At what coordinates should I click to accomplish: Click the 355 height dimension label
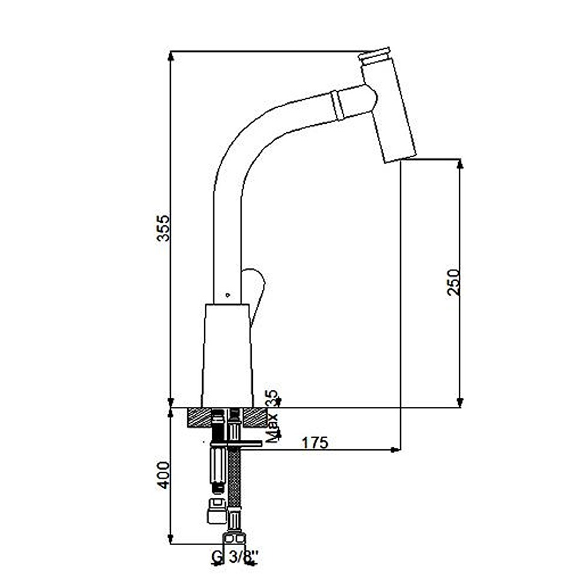[163, 228]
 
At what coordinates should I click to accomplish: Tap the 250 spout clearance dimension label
[453, 282]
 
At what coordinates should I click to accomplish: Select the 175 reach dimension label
[315, 443]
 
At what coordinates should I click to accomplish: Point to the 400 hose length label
[163, 475]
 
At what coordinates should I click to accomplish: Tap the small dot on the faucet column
[228, 295]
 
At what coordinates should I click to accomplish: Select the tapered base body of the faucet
[227, 356]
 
